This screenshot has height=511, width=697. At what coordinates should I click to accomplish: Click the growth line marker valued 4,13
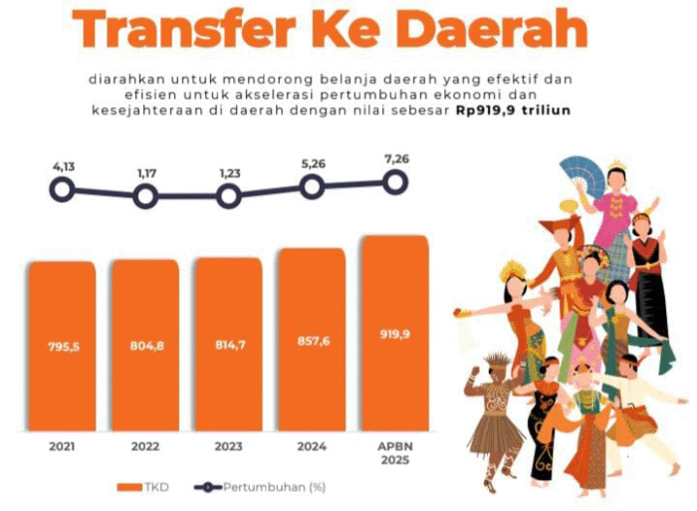[62, 188]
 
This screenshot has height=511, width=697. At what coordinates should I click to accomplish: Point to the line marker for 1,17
[145, 196]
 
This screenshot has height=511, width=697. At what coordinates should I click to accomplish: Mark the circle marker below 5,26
[312, 186]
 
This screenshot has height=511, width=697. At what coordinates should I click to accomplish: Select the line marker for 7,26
[395, 181]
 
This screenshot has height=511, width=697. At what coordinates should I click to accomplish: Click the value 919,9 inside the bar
[395, 334]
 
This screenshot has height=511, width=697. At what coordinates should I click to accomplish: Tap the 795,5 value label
[62, 347]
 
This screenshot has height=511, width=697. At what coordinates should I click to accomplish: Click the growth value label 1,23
[229, 173]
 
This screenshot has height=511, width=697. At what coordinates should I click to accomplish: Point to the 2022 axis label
[145, 447]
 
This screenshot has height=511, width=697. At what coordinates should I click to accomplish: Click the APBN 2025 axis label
[395, 453]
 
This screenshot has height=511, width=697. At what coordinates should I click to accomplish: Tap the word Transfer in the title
[189, 30]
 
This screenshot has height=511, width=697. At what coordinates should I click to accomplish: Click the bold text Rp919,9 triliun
[514, 110]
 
